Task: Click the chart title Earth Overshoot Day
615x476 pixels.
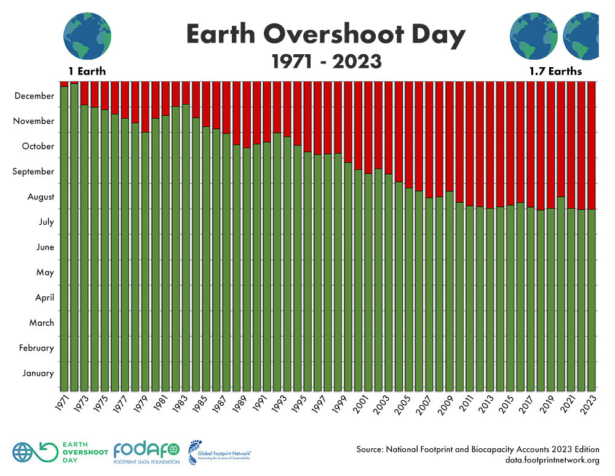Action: (325, 36)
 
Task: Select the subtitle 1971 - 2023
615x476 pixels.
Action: (325, 62)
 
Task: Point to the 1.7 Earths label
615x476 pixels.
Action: (555, 71)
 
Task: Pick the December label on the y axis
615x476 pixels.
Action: (34, 96)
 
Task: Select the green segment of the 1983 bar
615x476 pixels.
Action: (186, 246)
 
